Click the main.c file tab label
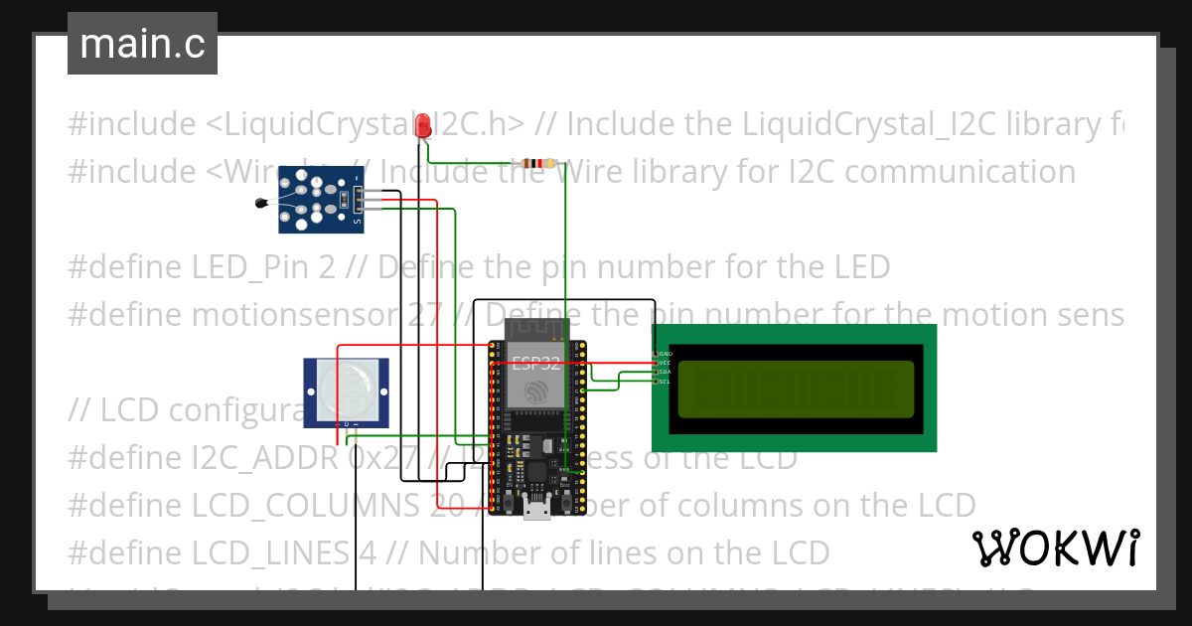coord(142,45)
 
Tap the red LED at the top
coord(423,126)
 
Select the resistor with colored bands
coord(538,164)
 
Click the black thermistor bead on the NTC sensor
coord(260,204)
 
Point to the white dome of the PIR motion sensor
coord(346,391)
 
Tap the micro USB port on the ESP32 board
coord(537,511)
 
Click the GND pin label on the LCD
coord(665,354)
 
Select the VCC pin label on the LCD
coord(665,363)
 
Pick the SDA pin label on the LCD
coord(665,373)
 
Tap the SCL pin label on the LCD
coord(665,382)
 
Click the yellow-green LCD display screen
coord(795,389)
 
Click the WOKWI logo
coord(1055,548)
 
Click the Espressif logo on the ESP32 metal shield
coord(536,391)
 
